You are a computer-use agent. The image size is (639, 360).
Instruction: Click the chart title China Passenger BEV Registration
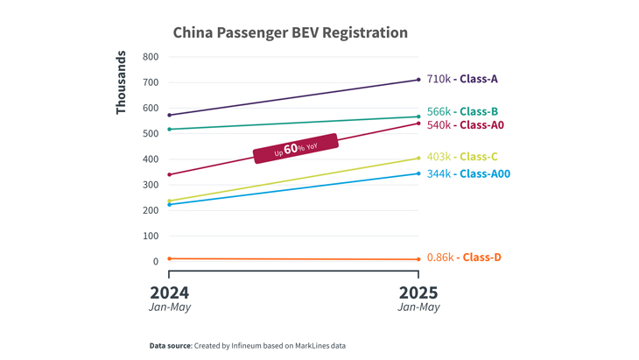[x=290, y=33]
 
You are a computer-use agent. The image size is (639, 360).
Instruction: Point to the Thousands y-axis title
[x=122, y=82]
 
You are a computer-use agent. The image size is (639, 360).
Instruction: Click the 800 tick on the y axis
[x=150, y=57]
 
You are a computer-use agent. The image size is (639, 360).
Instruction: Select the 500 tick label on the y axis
[x=150, y=134]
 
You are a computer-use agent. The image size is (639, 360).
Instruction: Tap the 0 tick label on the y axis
[x=155, y=261]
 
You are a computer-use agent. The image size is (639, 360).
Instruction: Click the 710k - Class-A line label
[x=462, y=79]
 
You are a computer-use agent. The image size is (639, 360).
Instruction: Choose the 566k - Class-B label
[x=462, y=111]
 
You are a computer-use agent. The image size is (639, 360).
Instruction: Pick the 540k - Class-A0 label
[x=465, y=125]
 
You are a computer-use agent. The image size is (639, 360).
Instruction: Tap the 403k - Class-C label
[x=462, y=157]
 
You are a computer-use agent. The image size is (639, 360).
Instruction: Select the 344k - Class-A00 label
[x=468, y=173]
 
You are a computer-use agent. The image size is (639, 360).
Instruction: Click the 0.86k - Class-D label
[x=464, y=258]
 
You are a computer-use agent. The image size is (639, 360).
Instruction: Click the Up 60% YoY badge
[x=296, y=148]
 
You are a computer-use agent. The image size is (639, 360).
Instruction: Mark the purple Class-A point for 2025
[x=418, y=80]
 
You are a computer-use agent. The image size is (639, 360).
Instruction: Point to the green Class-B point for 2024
[x=169, y=130]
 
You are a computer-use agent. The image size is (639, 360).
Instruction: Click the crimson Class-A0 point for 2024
[x=169, y=174]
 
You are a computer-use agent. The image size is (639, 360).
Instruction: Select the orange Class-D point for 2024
[x=169, y=258]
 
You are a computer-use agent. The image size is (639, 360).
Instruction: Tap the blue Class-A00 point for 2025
[x=418, y=173]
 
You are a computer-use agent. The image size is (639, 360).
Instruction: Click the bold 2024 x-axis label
[x=169, y=292]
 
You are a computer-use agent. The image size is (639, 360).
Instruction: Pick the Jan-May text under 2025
[x=418, y=307]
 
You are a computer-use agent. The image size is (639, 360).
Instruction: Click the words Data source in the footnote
[x=170, y=346]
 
